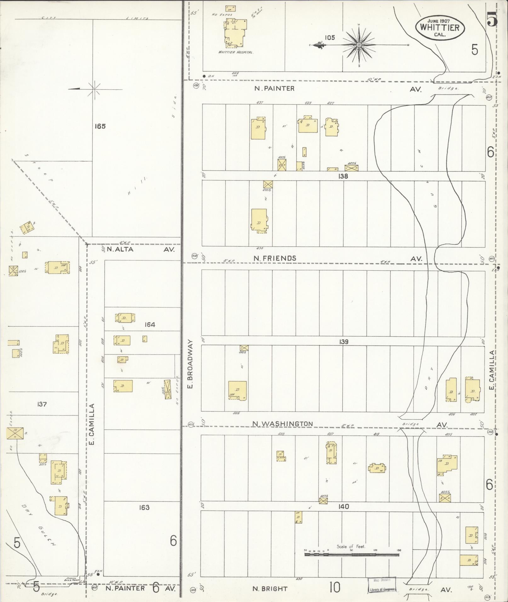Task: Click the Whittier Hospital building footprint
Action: point(235,33)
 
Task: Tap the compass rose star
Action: point(359,46)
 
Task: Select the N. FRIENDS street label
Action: point(275,258)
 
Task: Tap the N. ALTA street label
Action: point(120,249)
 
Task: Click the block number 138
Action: point(343,176)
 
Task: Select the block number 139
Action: point(344,341)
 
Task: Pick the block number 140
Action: point(344,507)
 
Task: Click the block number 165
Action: point(100,127)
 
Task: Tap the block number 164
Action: point(150,325)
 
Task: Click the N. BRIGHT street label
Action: point(271,588)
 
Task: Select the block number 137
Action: point(42,404)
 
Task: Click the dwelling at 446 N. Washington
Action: point(237,390)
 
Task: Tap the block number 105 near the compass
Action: point(330,38)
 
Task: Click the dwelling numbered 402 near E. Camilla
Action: point(472,390)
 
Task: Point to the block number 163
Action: point(144,507)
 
